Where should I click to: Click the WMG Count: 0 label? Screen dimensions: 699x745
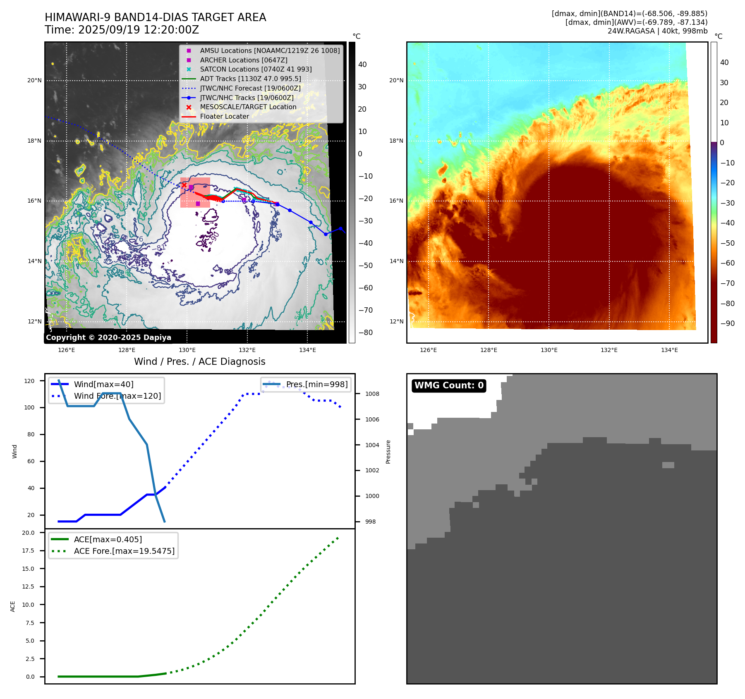click(x=449, y=385)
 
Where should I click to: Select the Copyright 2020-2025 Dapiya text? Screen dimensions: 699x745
click(x=108, y=338)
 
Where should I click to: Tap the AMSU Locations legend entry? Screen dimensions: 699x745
click(x=270, y=50)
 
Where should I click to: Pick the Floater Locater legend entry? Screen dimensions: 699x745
click(x=224, y=116)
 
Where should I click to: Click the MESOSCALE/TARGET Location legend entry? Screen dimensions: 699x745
click(x=248, y=107)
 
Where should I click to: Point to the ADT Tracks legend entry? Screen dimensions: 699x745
click(x=250, y=79)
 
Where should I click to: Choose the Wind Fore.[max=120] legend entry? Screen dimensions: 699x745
click(x=117, y=396)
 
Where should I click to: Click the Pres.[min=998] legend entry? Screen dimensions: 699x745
click(x=317, y=384)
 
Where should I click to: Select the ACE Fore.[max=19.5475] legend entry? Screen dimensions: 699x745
click(x=124, y=551)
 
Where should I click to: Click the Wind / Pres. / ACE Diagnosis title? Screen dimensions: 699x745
click(x=200, y=361)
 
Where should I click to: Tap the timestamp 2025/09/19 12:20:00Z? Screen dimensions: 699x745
click(x=139, y=30)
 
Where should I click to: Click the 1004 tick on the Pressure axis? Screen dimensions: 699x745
click(x=372, y=445)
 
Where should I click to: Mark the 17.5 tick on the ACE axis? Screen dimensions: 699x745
click(x=28, y=551)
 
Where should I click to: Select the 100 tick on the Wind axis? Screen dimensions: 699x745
click(x=29, y=407)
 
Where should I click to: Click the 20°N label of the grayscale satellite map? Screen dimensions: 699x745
click(x=34, y=80)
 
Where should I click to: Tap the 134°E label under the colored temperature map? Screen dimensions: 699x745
click(x=669, y=350)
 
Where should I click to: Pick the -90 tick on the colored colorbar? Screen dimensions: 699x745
click(x=727, y=323)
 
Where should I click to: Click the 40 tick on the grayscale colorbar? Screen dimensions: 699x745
click(x=362, y=65)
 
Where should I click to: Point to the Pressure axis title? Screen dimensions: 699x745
click(x=388, y=452)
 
